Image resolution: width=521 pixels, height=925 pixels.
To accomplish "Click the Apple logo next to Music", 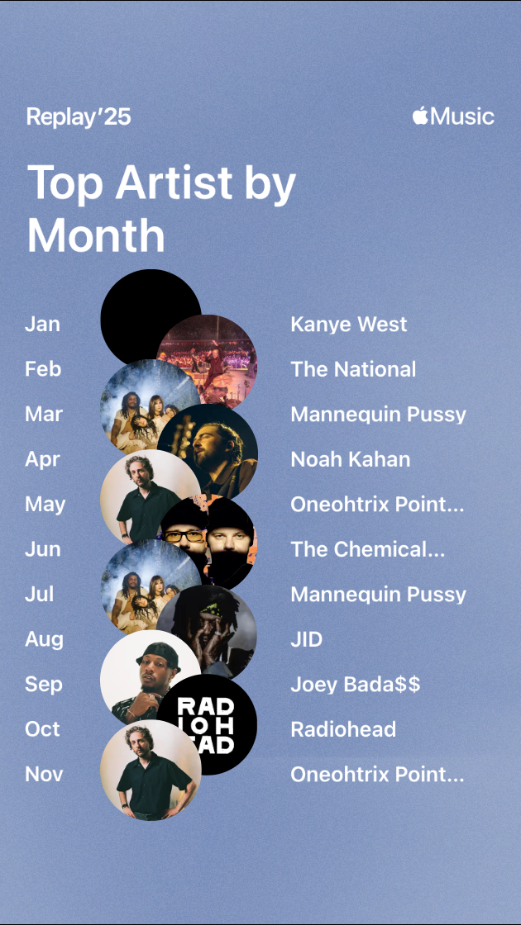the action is tap(420, 115).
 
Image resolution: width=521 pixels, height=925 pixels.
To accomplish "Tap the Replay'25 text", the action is tap(79, 116).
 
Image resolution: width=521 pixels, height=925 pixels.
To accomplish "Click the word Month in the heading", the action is tap(96, 236).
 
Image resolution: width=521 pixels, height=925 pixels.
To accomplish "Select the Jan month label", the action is tap(42, 324).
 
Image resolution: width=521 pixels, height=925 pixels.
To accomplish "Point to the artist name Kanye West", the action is tap(348, 324).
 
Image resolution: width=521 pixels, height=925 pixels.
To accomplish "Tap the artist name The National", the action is tap(353, 369).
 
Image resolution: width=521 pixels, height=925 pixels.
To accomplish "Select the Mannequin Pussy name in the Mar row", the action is tap(378, 415).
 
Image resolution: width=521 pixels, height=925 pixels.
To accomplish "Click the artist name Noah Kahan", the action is tap(351, 459).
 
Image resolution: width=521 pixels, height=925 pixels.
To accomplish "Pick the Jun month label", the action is tap(42, 549).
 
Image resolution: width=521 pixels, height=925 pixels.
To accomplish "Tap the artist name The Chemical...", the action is tap(367, 549).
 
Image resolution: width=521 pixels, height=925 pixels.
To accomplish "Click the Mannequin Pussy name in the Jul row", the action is tap(378, 595).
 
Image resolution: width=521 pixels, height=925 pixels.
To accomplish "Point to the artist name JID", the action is tap(306, 639).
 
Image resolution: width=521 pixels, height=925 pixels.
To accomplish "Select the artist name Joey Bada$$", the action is tap(355, 685).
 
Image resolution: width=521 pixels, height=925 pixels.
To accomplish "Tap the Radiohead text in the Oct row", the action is tap(343, 729).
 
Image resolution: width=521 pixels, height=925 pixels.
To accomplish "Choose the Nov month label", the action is tap(44, 774).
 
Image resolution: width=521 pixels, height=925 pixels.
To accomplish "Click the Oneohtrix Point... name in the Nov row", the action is tap(377, 774).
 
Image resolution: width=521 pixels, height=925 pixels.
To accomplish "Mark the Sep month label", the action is tap(43, 685).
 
